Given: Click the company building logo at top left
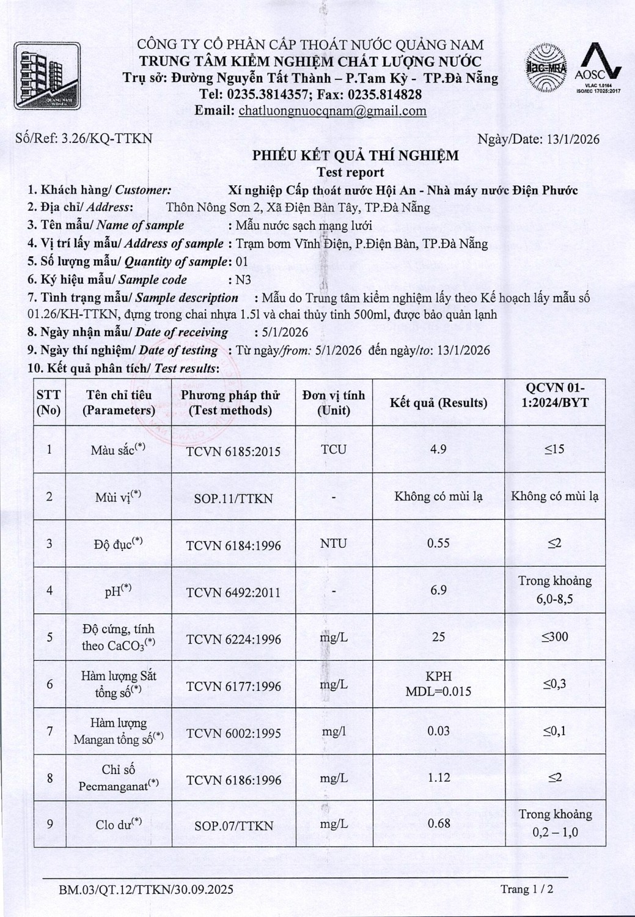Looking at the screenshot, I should click(47, 76).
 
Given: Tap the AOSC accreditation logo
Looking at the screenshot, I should click(598, 67).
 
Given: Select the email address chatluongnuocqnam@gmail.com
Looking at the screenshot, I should click(332, 111).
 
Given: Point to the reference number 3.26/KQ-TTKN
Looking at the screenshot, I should click(107, 138).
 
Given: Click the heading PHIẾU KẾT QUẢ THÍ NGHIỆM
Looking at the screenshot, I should click(355, 155).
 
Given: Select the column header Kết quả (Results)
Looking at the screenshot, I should click(438, 403).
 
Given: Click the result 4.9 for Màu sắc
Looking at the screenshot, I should click(438, 449).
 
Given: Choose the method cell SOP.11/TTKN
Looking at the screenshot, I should click(233, 498).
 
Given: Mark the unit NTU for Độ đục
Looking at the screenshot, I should click(333, 543).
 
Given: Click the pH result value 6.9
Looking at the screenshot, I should click(438, 590).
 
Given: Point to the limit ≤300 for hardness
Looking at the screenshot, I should click(555, 637).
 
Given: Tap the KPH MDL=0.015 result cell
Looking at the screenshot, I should click(438, 684).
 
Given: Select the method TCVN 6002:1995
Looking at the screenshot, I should click(233, 733).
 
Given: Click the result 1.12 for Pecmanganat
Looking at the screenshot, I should click(439, 778).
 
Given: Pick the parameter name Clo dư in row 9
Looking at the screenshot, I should click(119, 825).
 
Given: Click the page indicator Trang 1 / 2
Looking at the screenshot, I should click(527, 889).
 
